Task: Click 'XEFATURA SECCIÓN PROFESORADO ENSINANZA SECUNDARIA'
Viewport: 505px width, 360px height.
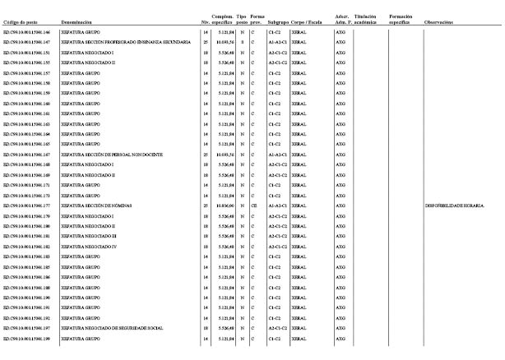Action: [125, 41]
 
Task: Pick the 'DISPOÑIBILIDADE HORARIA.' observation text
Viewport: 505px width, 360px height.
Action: [455, 205]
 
